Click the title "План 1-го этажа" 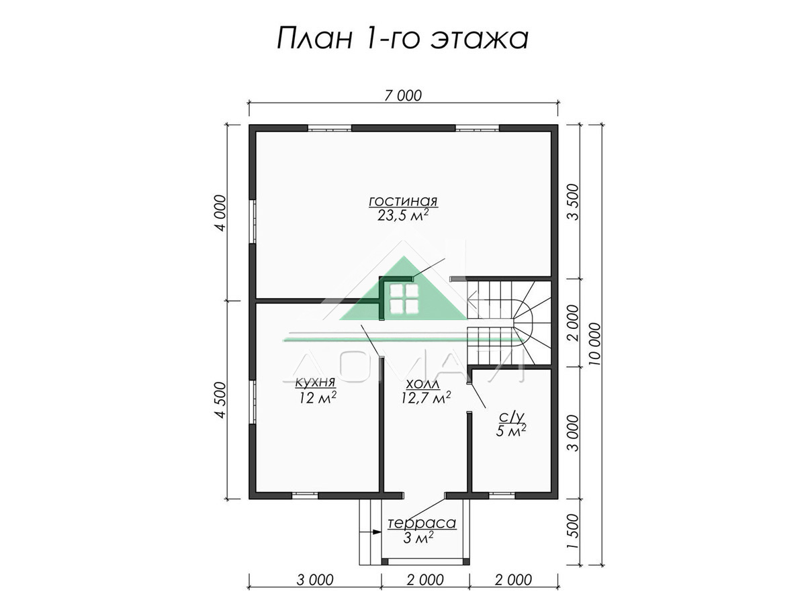pyautogui.click(x=402, y=38)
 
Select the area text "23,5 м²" pyautogui.click(x=403, y=215)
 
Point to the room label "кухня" pyautogui.click(x=316, y=383)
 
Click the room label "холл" pyautogui.click(x=422, y=384)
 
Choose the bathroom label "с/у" pyautogui.click(x=511, y=417)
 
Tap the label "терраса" pyautogui.click(x=422, y=523)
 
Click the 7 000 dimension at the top pyautogui.click(x=403, y=96)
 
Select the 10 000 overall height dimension pyautogui.click(x=594, y=344)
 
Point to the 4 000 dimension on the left pyautogui.click(x=220, y=213)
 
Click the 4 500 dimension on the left pyautogui.click(x=220, y=400)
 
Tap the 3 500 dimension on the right pyautogui.click(x=573, y=202)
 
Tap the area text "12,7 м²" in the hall pyautogui.click(x=426, y=397)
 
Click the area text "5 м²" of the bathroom pyautogui.click(x=510, y=431)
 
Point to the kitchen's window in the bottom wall pyautogui.click(x=305, y=496)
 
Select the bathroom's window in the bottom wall pyautogui.click(x=502, y=496)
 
